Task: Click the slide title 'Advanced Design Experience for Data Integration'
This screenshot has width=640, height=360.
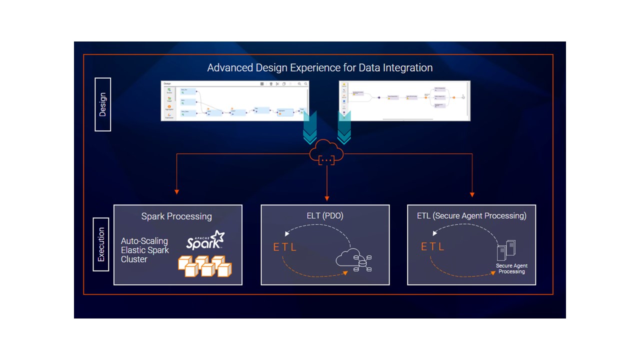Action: tap(320, 67)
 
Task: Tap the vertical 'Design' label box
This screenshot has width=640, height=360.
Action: tap(102, 104)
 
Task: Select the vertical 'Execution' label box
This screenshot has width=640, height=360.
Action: tap(101, 244)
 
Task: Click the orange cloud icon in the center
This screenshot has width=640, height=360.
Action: tap(327, 152)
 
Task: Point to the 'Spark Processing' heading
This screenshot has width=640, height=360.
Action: tap(176, 216)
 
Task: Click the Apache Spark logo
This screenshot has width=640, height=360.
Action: tap(205, 240)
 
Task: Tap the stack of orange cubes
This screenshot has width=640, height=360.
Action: tap(205, 266)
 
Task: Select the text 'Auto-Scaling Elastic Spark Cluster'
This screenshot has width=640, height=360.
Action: tap(145, 250)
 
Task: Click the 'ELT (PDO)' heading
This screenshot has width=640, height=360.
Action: tap(325, 216)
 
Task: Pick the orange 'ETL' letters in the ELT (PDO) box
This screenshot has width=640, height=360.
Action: tap(284, 247)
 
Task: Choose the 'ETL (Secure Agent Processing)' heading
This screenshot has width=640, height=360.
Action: tap(471, 216)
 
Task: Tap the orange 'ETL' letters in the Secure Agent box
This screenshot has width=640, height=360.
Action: tap(433, 247)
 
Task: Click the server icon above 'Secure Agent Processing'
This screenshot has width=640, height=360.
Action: tap(506, 250)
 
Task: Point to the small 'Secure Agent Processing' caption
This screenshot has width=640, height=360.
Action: tap(511, 268)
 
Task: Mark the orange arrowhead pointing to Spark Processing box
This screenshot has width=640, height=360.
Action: tap(176, 191)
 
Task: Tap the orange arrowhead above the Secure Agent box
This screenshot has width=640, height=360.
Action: tap(472, 194)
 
